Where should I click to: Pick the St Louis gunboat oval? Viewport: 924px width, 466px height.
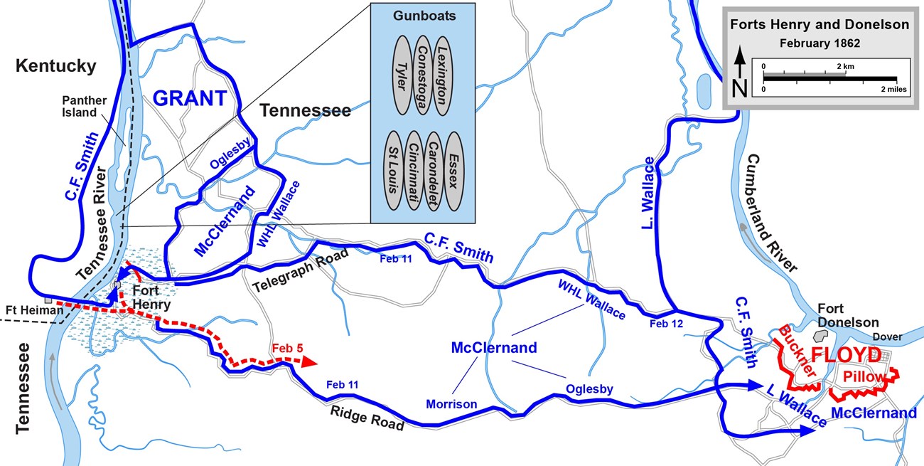coord(392,171)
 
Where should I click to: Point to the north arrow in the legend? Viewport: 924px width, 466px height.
coord(739,71)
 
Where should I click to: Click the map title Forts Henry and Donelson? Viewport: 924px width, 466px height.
coord(820,25)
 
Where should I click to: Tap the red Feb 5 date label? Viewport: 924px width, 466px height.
coord(286,349)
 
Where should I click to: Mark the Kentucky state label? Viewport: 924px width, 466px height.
coord(55,67)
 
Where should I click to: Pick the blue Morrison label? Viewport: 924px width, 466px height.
coord(451,404)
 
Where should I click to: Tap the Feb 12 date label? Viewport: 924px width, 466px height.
coord(666,323)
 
